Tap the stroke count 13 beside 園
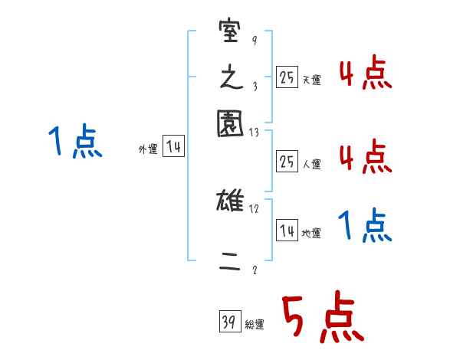(255, 132)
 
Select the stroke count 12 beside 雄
(255, 209)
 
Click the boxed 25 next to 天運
(286, 77)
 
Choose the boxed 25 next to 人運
(286, 161)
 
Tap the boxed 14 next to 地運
(287, 231)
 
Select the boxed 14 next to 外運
(173, 147)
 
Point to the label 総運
(255, 325)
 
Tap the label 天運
(311, 80)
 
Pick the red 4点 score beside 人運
(365, 157)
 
